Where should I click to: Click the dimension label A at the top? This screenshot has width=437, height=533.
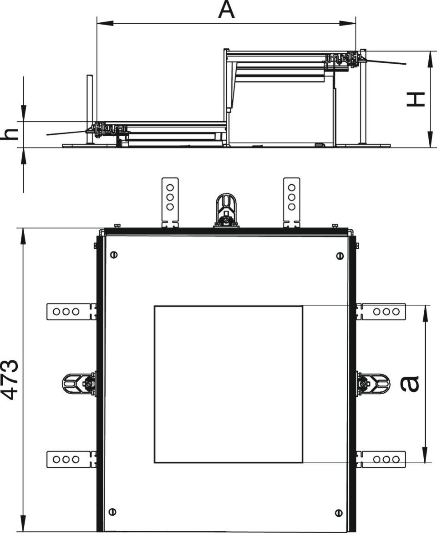coord(226,10)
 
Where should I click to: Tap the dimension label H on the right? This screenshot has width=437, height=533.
coord(416,99)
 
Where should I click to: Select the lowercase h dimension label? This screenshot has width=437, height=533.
coord(10,134)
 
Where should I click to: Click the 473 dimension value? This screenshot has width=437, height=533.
coord(10,379)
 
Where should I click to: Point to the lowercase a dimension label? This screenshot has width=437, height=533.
coord(410,384)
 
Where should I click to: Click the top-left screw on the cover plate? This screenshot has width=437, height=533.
coord(114,254)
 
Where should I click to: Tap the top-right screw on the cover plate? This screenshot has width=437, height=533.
coord(340,256)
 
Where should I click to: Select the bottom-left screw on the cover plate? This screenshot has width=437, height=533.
coord(112,512)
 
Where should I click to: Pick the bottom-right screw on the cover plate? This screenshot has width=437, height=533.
coord(338,513)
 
